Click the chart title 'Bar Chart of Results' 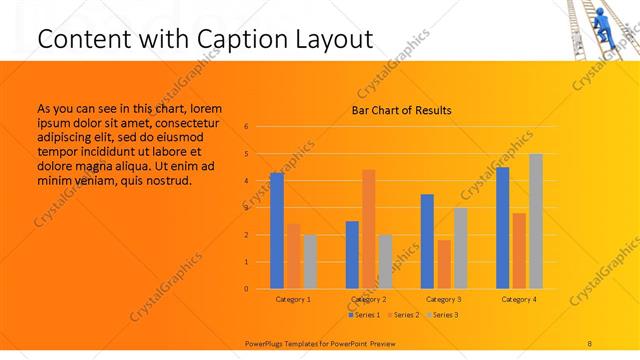tap(401, 110)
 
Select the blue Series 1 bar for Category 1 tap(277, 230)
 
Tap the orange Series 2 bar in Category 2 tap(369, 229)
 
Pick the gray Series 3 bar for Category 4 tap(536, 221)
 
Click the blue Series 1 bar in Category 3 tap(427, 241)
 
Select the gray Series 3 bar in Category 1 tap(310, 261)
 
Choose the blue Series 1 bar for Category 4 tap(503, 228)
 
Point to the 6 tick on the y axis tap(246, 127)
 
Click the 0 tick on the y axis tap(246, 289)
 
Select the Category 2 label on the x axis tap(369, 299)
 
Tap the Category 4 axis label tap(519, 299)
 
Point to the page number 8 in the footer tap(590, 343)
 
